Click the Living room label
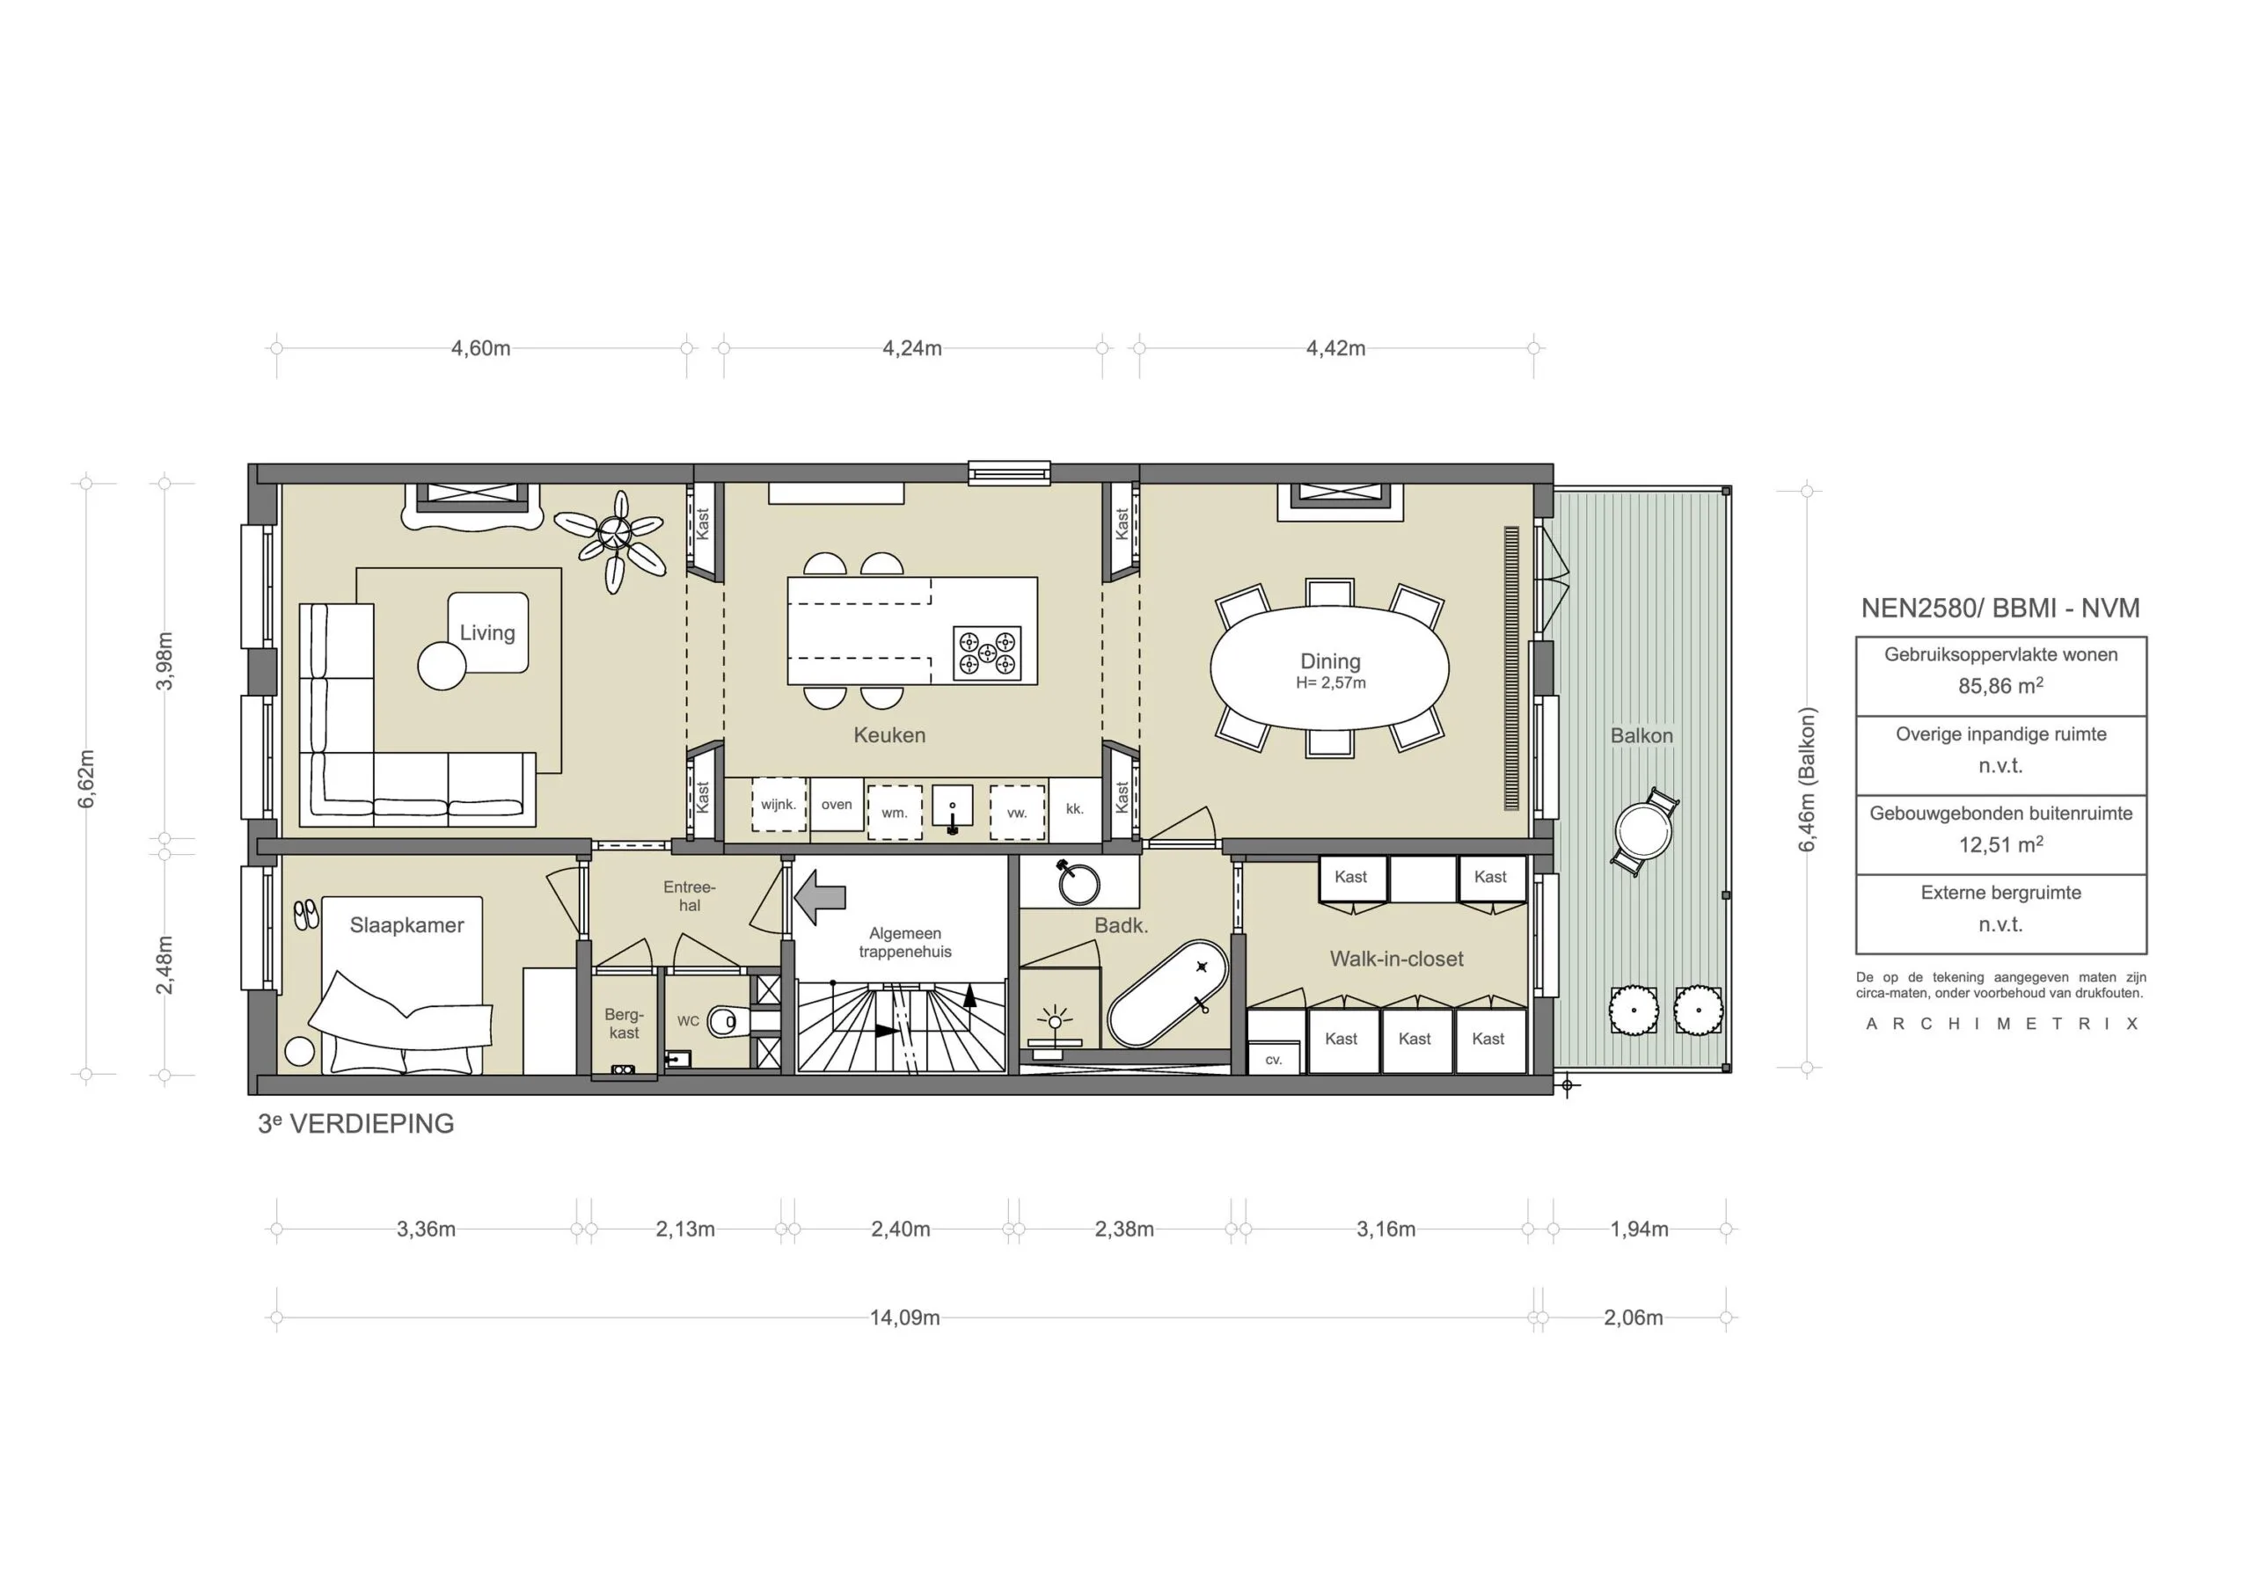point(487,632)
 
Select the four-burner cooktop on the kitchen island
point(987,653)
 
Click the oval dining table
point(1329,669)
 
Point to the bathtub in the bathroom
point(1167,994)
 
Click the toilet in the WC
point(727,1021)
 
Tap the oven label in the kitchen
point(837,805)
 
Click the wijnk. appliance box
point(779,805)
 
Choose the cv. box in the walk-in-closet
point(1273,1060)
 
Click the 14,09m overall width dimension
point(904,1317)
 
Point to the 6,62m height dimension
point(86,779)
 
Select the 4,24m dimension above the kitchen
point(912,348)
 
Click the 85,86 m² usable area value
point(2000,686)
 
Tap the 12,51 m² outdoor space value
point(2000,844)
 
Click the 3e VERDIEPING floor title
point(356,1124)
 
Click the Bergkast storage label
point(624,1023)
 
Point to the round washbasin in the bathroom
point(1078,884)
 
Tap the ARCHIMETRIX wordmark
point(2001,1024)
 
